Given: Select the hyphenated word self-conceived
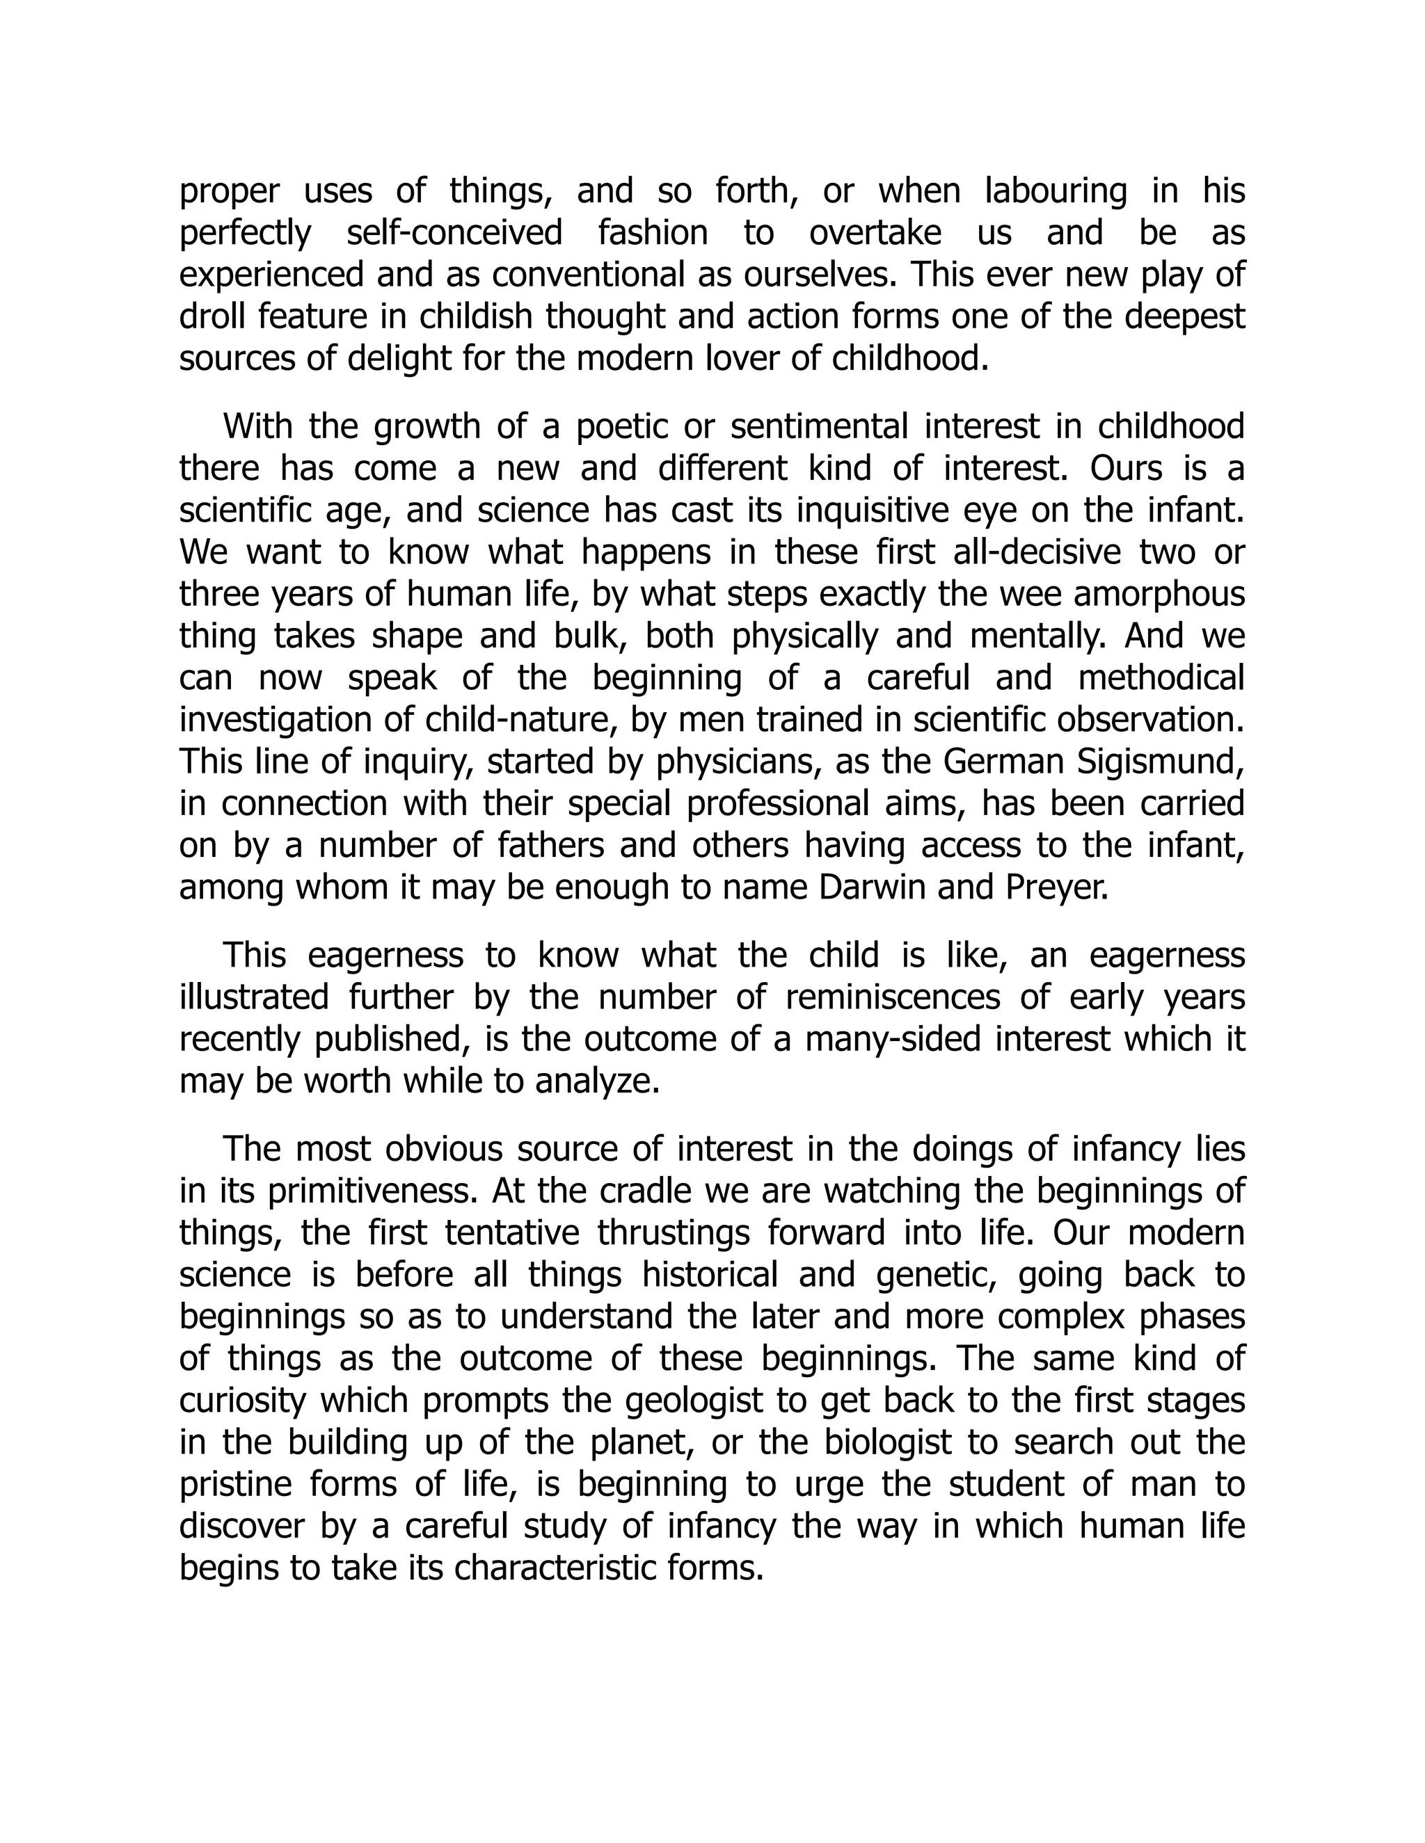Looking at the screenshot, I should tap(454, 233).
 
